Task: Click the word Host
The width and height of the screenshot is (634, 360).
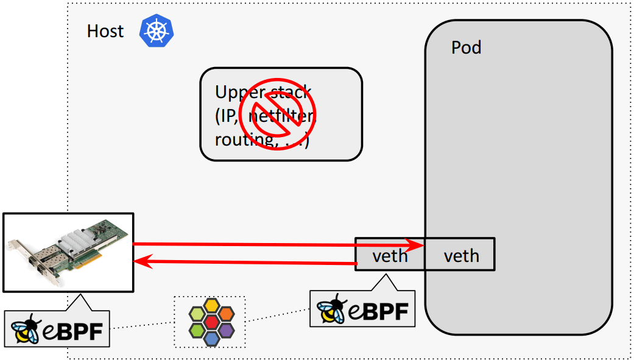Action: [x=105, y=31]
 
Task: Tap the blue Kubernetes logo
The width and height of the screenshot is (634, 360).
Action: [x=156, y=32]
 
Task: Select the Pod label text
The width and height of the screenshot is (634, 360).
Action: [x=466, y=48]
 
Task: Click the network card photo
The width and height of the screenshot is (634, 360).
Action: [x=68, y=252]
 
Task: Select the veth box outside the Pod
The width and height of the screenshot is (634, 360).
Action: [x=390, y=255]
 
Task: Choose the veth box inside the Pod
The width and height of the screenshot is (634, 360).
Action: [x=461, y=255]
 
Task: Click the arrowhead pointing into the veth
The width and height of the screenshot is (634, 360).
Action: [x=417, y=245]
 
